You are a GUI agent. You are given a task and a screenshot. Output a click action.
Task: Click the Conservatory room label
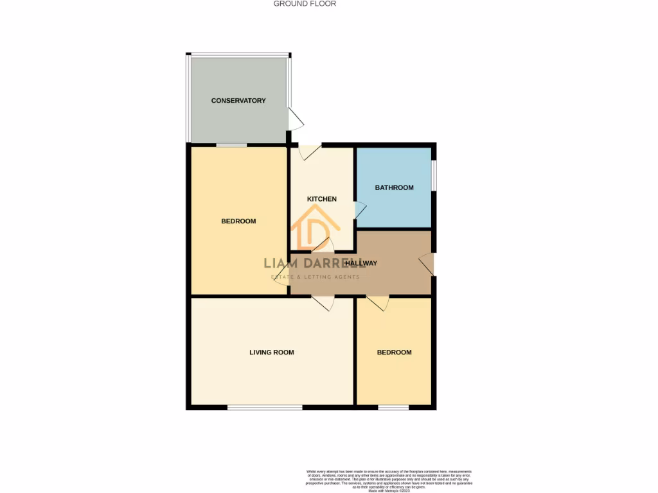[238, 101]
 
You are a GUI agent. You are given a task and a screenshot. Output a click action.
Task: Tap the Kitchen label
[321, 199]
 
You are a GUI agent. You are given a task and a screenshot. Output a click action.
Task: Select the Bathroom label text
[394, 187]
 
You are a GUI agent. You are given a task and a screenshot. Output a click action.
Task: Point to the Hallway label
[360, 263]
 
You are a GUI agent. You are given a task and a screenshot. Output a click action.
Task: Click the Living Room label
[272, 352]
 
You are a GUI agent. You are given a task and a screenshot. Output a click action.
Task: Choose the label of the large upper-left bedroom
[238, 221]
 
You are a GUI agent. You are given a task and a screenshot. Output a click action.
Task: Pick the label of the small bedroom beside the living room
[394, 352]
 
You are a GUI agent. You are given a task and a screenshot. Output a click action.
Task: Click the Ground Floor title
[305, 4]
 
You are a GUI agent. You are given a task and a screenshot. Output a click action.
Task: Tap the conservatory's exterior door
[294, 119]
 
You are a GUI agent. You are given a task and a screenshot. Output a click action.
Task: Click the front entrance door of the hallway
[426, 264]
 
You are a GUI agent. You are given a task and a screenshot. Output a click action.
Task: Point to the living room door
[323, 302]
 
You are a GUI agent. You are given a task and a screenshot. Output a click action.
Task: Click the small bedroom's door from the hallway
[378, 302]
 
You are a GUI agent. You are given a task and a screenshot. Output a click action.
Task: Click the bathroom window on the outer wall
[434, 175]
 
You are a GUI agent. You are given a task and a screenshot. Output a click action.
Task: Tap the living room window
[265, 407]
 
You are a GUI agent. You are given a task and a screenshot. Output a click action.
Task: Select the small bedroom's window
[393, 407]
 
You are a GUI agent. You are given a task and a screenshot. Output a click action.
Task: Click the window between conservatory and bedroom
[231, 146]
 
